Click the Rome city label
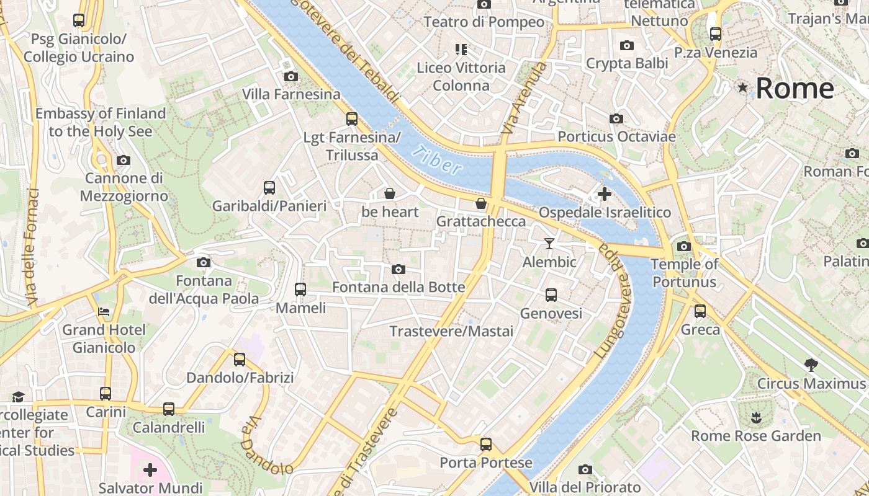point(795,88)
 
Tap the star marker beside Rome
point(743,88)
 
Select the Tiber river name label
point(439,161)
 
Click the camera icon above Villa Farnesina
point(290,77)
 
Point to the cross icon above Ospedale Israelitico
point(604,195)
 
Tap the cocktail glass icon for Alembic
point(549,244)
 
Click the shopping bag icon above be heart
point(390,194)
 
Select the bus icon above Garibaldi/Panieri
point(269,188)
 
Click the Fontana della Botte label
point(398,287)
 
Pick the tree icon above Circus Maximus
point(811,365)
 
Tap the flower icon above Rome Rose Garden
point(756,417)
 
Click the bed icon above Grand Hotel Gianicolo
point(104,311)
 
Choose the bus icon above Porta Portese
point(486,445)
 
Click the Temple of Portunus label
point(684,273)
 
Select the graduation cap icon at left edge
point(18,397)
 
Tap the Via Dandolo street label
point(267,445)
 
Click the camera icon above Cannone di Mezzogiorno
point(124,161)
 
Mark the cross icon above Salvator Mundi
point(150,470)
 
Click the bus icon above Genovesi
point(551,295)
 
